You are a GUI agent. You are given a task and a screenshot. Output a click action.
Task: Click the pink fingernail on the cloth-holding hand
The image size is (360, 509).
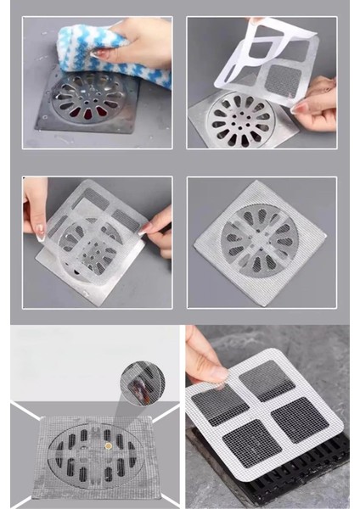click(100, 53)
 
